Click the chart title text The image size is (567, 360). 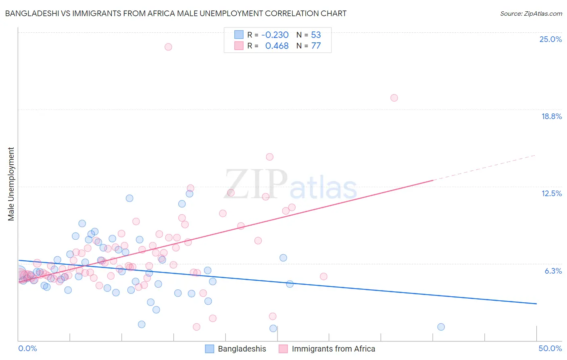coord(176,13)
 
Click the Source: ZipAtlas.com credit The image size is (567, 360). coord(531,13)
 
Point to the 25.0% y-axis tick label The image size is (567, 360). coord(550,39)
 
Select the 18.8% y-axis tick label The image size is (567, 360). coord(551,116)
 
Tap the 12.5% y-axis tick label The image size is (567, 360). coord(551,193)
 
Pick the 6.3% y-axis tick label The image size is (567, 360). coord(553,271)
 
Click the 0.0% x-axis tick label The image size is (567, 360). coord(27,348)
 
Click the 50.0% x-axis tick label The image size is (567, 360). coord(550,348)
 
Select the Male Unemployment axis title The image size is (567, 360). coord(11,184)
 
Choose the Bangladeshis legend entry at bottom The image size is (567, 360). coord(236,349)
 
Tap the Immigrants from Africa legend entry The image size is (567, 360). coord(327,349)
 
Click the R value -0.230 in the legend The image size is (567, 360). coord(275,35)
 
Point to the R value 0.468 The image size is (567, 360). coord(277,46)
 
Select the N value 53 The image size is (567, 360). coord(316,35)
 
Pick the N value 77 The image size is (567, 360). coord(316,46)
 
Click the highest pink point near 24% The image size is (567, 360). coord(168,47)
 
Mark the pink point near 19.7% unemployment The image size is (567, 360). coord(394,98)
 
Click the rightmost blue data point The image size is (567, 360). coord(441,327)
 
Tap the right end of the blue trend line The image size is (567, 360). coord(536,303)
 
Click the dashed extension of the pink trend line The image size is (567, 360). coord(484,167)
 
